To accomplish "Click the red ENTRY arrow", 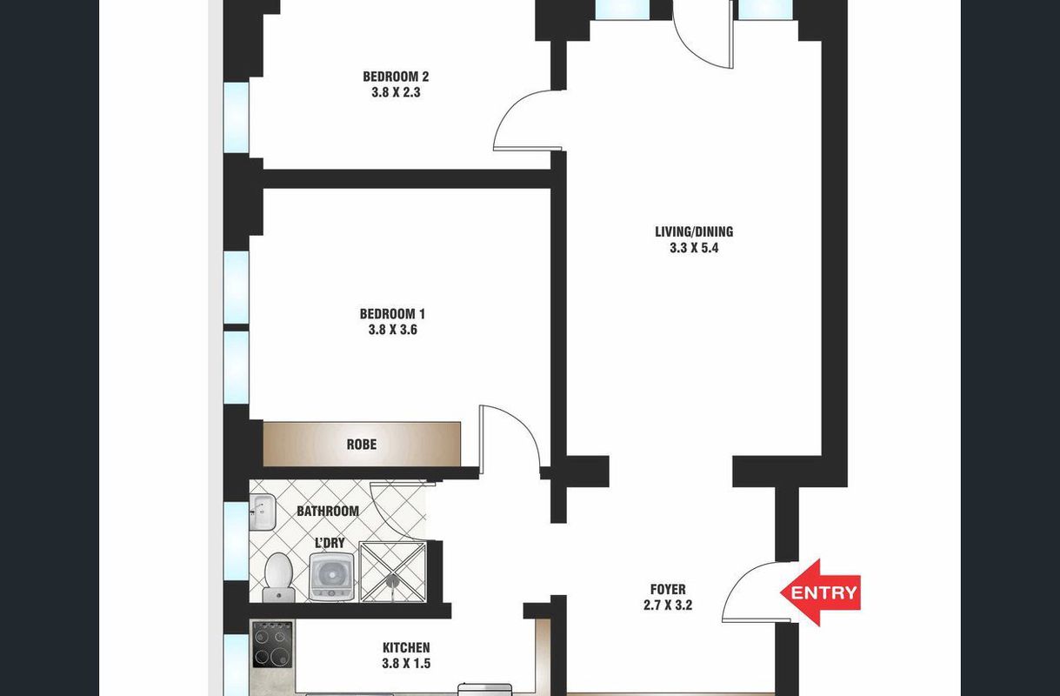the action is click(x=821, y=592).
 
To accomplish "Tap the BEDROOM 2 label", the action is click(x=396, y=77).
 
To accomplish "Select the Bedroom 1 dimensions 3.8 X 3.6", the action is click(x=393, y=330).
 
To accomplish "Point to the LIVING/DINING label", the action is click(x=694, y=231).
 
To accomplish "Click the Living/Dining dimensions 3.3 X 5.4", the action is click(x=694, y=248).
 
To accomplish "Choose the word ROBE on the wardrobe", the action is click(x=362, y=444).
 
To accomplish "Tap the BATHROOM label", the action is click(x=328, y=511).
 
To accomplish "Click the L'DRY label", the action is click(x=330, y=543).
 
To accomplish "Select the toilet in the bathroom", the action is click(x=278, y=578).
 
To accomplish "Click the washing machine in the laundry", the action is click(x=331, y=577).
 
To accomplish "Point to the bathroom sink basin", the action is click(x=262, y=512).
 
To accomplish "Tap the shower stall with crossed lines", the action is click(x=393, y=572).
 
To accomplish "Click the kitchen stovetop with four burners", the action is click(x=272, y=645).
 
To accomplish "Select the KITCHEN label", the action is click(x=406, y=647).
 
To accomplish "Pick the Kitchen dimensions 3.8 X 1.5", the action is click(x=406, y=663).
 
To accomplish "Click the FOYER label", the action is click(x=668, y=589).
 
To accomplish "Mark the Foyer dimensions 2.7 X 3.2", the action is click(x=668, y=606).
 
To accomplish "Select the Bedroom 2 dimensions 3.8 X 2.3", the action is click(x=396, y=92).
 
